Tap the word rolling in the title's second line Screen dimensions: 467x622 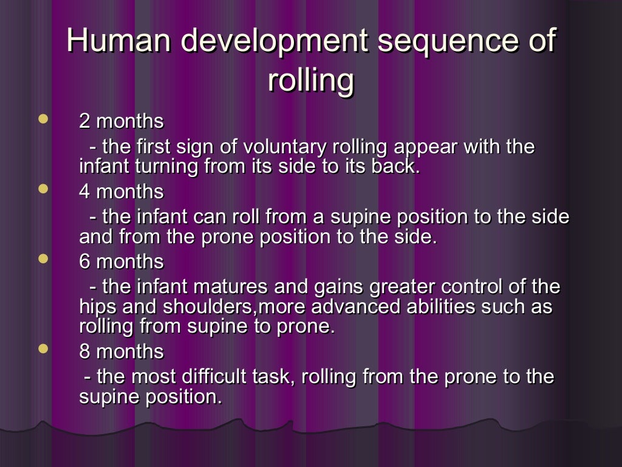310,80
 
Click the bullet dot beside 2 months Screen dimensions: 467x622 43,119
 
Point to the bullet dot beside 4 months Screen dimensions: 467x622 43,190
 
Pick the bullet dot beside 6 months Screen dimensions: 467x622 43,260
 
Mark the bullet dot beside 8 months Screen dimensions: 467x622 43,350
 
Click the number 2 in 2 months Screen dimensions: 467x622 85,122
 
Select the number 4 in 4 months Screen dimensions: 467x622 85,192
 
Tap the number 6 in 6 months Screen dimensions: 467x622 85,262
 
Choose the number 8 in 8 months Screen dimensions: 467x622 85,352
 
